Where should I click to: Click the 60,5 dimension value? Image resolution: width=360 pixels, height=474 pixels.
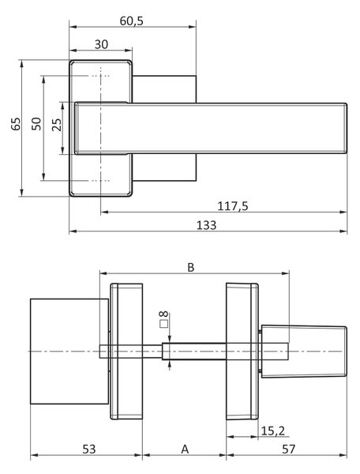tap(131, 21)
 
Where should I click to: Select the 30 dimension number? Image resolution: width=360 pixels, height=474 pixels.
tap(101, 44)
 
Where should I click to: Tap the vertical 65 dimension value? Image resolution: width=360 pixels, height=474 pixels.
tap(16, 124)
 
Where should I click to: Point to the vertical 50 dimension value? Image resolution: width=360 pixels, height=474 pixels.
tap(36, 124)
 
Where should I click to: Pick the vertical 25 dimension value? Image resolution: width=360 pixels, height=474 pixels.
tap(57, 125)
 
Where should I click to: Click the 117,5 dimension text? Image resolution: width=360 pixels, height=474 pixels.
tap(233, 206)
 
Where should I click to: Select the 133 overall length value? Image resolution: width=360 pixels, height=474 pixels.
tap(207, 225)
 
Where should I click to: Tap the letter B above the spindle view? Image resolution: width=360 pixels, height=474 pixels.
tap(191, 268)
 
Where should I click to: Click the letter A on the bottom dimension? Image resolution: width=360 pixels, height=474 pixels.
tap(185, 450)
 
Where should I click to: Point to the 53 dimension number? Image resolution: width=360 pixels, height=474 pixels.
tap(89, 450)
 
